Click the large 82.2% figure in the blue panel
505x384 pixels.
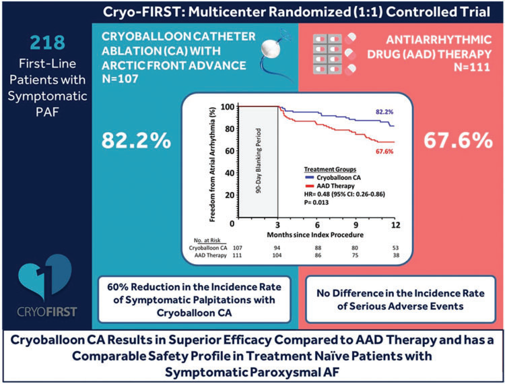coord(135,141)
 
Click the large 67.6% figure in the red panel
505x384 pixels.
coord(456,141)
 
